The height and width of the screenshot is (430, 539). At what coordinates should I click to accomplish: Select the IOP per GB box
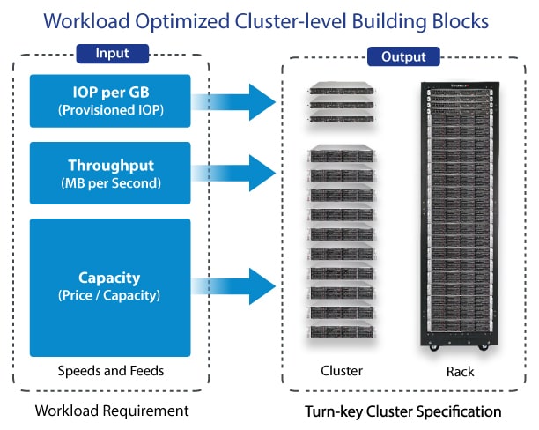point(109,101)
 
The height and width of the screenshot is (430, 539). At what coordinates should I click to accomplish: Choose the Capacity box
point(109,286)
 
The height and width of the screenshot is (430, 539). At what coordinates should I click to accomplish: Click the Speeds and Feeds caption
point(110,371)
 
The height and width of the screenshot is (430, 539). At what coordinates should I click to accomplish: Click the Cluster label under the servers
point(340,371)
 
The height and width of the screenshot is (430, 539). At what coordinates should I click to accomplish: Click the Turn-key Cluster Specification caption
point(402,411)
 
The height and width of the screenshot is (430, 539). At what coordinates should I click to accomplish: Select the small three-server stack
point(340,103)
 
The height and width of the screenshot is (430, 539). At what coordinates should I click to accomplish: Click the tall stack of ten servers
point(340,243)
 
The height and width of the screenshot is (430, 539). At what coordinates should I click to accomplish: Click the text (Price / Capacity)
point(109,296)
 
